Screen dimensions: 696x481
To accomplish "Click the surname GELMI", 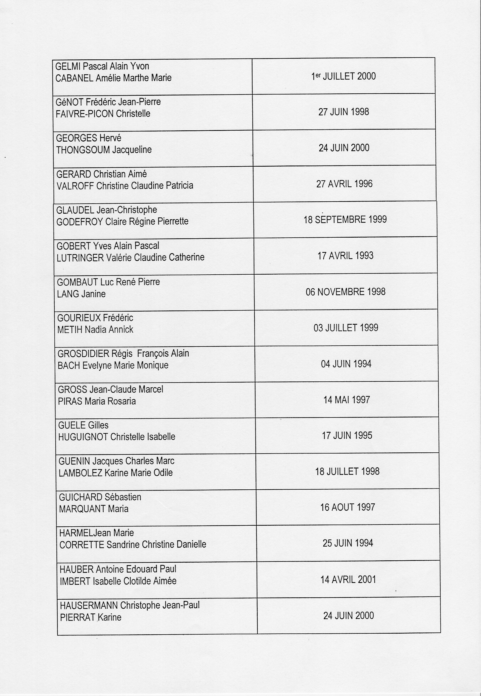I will (x=68, y=66).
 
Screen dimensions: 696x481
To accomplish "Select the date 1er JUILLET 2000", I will (x=343, y=76).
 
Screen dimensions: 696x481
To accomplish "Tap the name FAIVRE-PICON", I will (x=85, y=114).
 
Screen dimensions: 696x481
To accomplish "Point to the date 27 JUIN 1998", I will (x=344, y=112).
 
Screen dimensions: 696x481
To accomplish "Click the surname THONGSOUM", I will (x=83, y=150).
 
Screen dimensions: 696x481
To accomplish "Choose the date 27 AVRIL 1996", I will (x=344, y=184).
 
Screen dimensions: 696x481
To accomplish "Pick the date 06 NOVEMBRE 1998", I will (x=345, y=292).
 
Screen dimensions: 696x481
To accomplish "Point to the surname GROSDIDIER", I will (x=84, y=354).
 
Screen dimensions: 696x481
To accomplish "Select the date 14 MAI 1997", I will (x=347, y=400).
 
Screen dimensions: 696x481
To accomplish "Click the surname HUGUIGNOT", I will (x=83, y=437).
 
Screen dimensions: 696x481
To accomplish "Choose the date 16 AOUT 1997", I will (x=348, y=507).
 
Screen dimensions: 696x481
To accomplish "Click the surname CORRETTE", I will (x=82, y=545).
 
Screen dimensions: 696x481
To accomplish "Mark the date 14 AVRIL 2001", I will (x=348, y=579).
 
